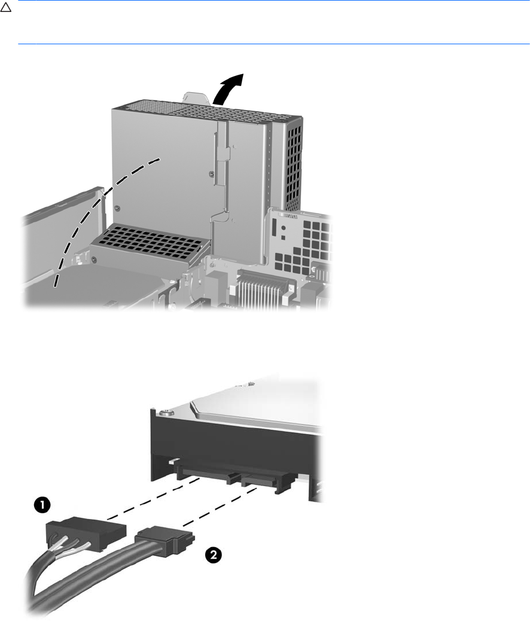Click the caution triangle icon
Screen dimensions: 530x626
[x=5, y=7]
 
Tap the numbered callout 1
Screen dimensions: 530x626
[x=42, y=505]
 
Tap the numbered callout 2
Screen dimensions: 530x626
[x=214, y=555]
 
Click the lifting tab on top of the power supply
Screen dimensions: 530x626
[x=196, y=97]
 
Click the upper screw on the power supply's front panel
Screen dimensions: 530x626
[x=211, y=173]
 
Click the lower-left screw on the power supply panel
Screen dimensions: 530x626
[x=117, y=207]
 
